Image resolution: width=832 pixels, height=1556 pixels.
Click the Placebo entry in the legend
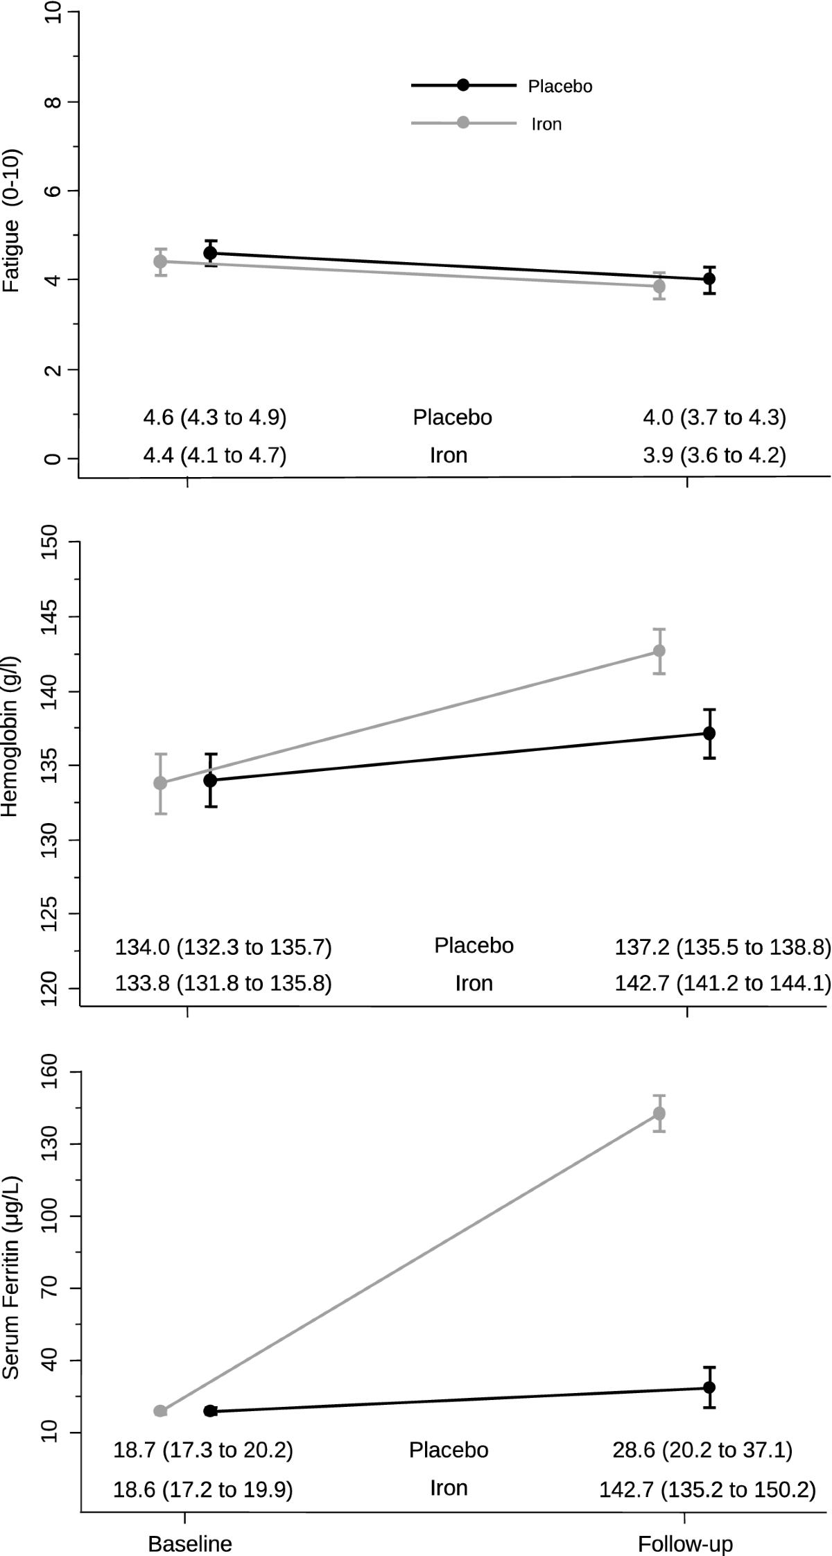pyautogui.click(x=560, y=87)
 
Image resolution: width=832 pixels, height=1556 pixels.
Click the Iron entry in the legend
pyautogui.click(x=546, y=125)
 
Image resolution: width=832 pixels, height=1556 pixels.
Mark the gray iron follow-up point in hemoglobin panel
pyautogui.click(x=659, y=651)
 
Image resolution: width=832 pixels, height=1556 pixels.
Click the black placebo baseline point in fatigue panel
pyautogui.click(x=210, y=253)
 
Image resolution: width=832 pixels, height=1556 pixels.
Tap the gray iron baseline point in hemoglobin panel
pyautogui.click(x=160, y=783)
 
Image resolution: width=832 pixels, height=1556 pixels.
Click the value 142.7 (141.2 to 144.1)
pyautogui.click(x=722, y=983)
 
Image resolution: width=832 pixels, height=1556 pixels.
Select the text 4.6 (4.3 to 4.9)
pyautogui.click(x=214, y=417)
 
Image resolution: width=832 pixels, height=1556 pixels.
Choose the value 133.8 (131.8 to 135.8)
pyautogui.click(x=223, y=983)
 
